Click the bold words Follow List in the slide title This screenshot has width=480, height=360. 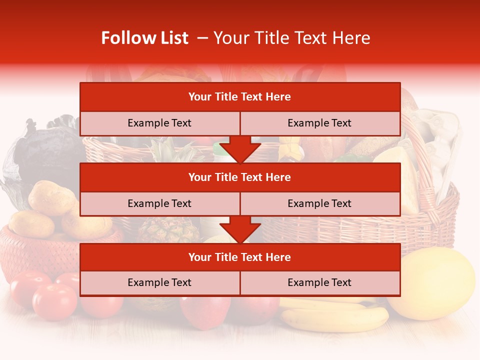[144, 38]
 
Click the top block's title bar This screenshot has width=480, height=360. [240, 97]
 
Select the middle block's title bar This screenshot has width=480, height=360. [240, 177]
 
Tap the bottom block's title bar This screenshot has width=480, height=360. [240, 257]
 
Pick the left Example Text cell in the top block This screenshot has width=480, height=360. [159, 123]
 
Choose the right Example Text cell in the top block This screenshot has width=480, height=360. [319, 123]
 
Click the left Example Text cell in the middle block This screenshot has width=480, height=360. [159, 203]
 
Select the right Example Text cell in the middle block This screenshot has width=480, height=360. [319, 203]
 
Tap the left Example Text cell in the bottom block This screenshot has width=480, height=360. [159, 282]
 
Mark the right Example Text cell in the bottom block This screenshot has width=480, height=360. [319, 282]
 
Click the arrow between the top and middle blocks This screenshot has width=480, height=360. [240, 149]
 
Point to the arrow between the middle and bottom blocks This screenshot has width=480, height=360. [240, 229]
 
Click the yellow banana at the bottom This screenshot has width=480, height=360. [335, 319]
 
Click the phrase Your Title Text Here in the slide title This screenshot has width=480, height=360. [291, 38]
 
